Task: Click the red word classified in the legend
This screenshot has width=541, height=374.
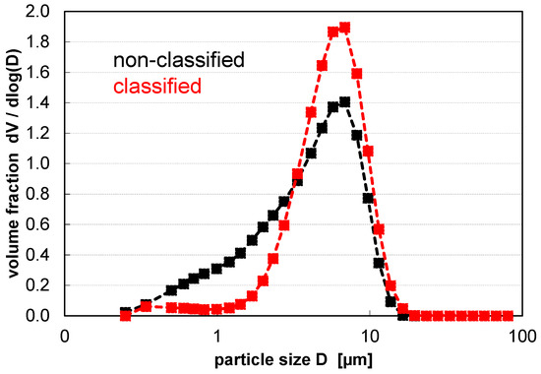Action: [156, 87]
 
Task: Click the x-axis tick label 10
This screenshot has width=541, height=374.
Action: [368, 335]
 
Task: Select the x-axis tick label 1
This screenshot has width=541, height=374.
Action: [216, 335]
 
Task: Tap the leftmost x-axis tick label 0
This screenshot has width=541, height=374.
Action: [65, 335]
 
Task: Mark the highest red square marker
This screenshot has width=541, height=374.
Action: [345, 28]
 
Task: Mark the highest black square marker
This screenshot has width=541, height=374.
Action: [345, 102]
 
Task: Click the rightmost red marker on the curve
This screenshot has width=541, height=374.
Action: [508, 316]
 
